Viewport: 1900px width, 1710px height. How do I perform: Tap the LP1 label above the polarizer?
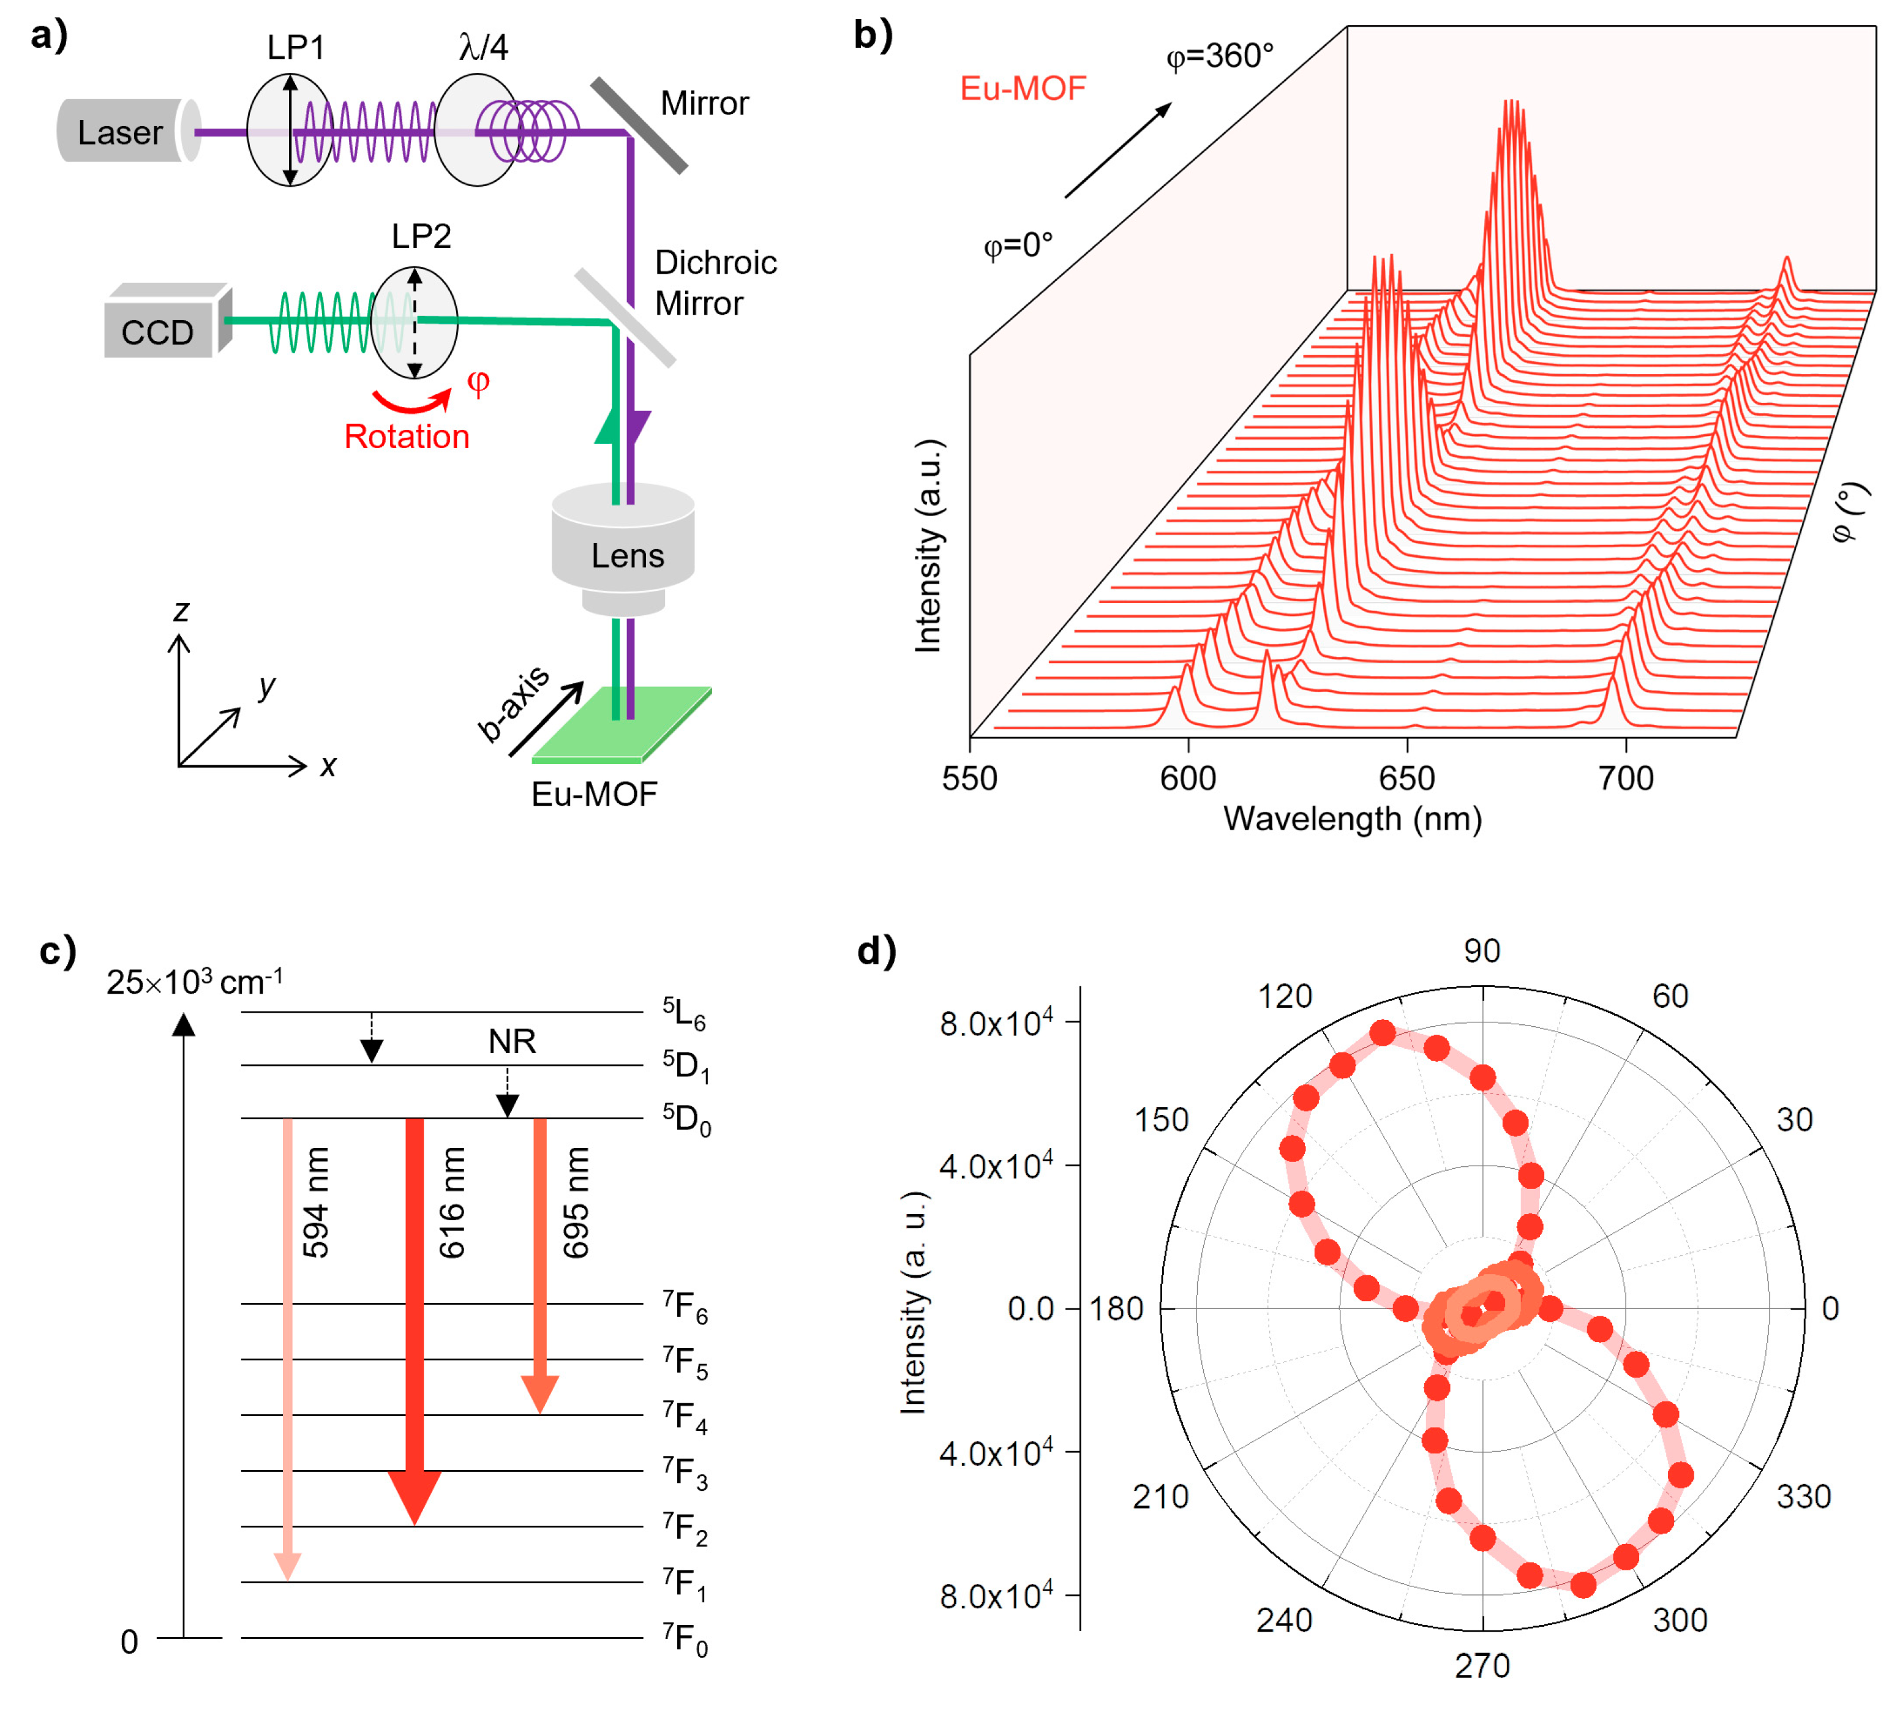point(295,47)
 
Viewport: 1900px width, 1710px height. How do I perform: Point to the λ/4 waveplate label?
point(483,47)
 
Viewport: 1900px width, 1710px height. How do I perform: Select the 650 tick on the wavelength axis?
point(1406,778)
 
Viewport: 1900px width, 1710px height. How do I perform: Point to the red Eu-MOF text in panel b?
point(1023,88)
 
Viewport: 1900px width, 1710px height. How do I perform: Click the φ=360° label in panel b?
point(1220,56)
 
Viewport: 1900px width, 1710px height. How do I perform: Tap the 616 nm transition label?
point(452,1202)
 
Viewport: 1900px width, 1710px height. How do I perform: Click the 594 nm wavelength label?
point(317,1202)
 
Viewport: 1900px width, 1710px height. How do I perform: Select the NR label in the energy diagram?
point(512,1041)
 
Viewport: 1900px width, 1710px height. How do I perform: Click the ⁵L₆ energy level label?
point(684,1013)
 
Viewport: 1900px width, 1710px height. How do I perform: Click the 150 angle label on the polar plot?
point(1162,1120)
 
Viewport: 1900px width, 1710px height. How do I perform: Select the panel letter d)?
point(876,951)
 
